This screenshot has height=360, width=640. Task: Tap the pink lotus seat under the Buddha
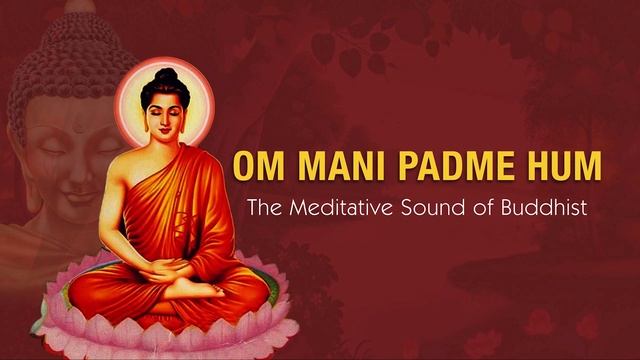[170, 325]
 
